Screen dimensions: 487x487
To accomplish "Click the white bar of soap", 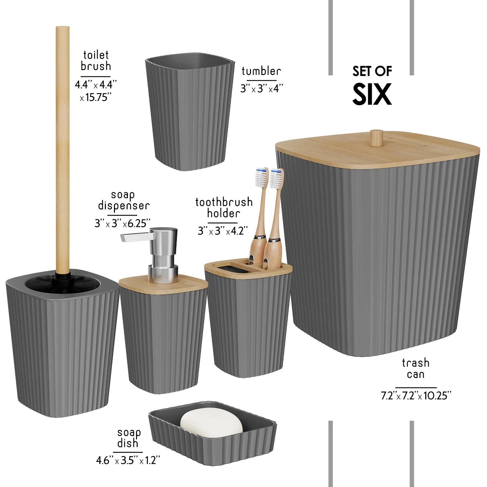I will click(x=211, y=423).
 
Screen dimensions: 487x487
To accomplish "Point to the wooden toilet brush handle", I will click(x=62, y=146).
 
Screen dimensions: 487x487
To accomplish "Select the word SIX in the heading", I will click(x=372, y=94).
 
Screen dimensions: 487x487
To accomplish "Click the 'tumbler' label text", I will click(x=261, y=71).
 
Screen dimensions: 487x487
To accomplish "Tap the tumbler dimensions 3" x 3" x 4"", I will click(x=262, y=88).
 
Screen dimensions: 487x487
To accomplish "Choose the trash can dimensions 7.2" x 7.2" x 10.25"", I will click(x=416, y=396).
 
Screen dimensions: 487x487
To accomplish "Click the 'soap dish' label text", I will click(x=129, y=438).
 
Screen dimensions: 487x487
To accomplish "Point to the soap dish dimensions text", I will click(x=128, y=460).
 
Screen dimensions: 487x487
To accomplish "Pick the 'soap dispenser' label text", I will click(x=123, y=200).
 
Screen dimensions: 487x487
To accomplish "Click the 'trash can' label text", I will click(x=416, y=368).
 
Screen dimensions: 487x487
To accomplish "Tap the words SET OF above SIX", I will click(x=372, y=71).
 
